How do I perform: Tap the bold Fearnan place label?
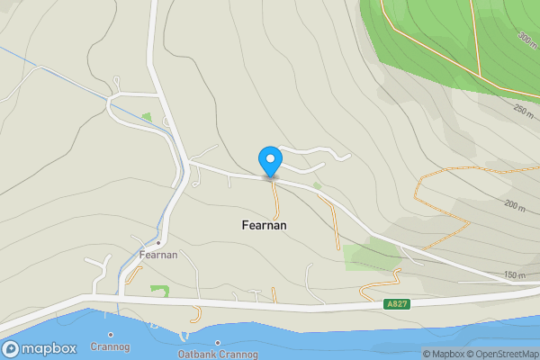[x=265, y=225]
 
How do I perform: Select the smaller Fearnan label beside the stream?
[x=158, y=256]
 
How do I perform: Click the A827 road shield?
[x=398, y=304]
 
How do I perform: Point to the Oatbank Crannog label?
[x=218, y=355]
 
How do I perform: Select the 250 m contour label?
[x=524, y=110]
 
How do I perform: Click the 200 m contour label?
[x=515, y=205]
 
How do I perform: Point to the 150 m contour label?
[x=515, y=274]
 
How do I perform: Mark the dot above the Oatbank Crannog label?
[x=218, y=343]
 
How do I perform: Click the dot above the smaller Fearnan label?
[x=158, y=243]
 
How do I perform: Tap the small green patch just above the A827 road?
[x=160, y=291]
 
